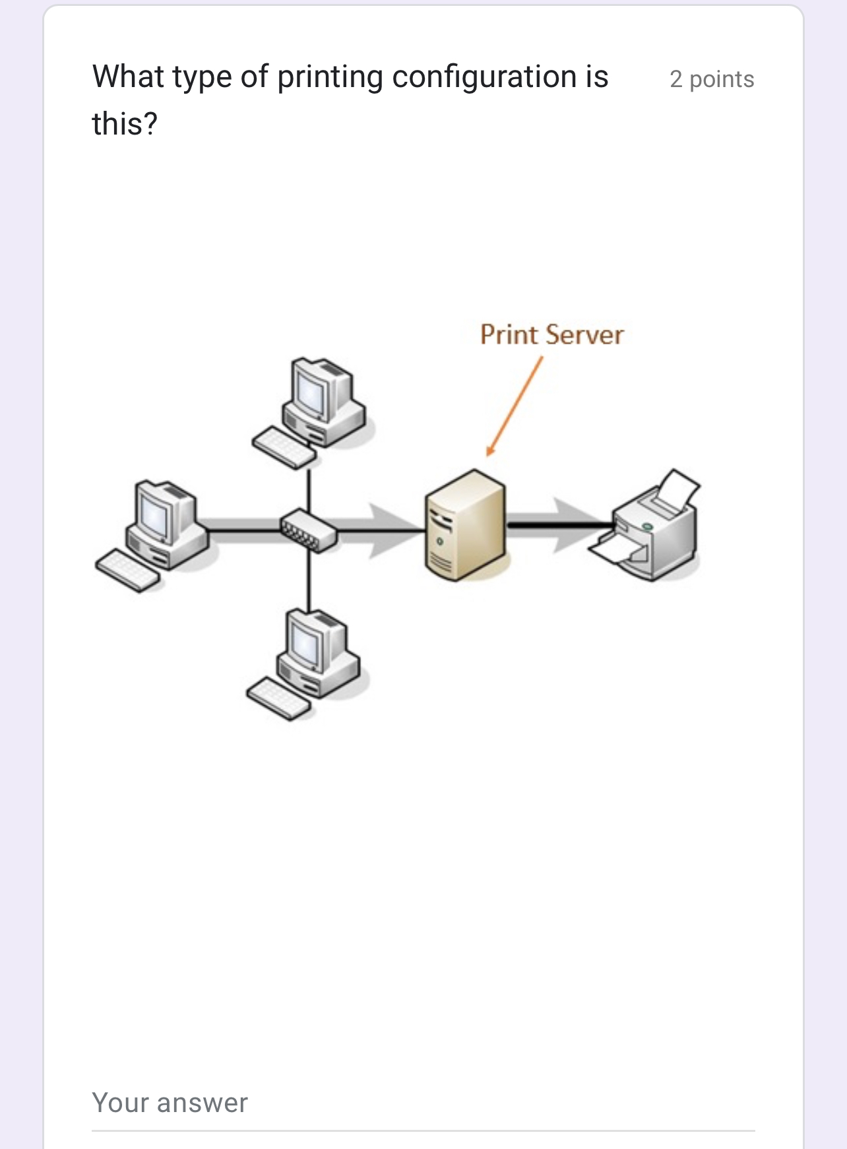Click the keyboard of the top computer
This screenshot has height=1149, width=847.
[284, 448]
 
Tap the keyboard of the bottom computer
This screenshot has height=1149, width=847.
[278, 699]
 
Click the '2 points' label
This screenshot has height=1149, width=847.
[711, 79]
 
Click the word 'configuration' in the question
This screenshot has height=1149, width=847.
[485, 77]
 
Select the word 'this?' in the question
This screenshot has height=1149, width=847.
[125, 124]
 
